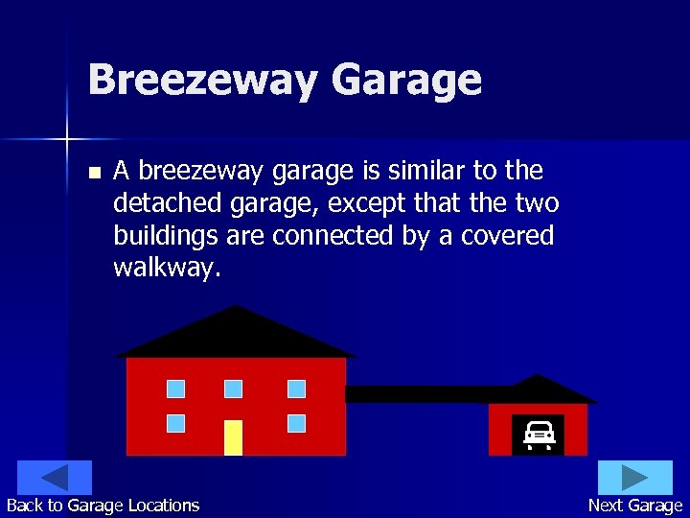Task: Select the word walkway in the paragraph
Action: pos(167,268)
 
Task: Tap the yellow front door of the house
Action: pos(233,436)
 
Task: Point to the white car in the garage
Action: pos(540,435)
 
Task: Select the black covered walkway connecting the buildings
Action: pos(417,393)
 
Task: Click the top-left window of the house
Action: pos(175,388)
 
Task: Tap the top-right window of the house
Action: pos(296,388)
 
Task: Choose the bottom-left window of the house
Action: pos(175,423)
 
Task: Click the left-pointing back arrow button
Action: pos(55,478)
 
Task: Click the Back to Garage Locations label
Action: pos(103,506)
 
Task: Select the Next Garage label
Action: pos(635,506)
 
